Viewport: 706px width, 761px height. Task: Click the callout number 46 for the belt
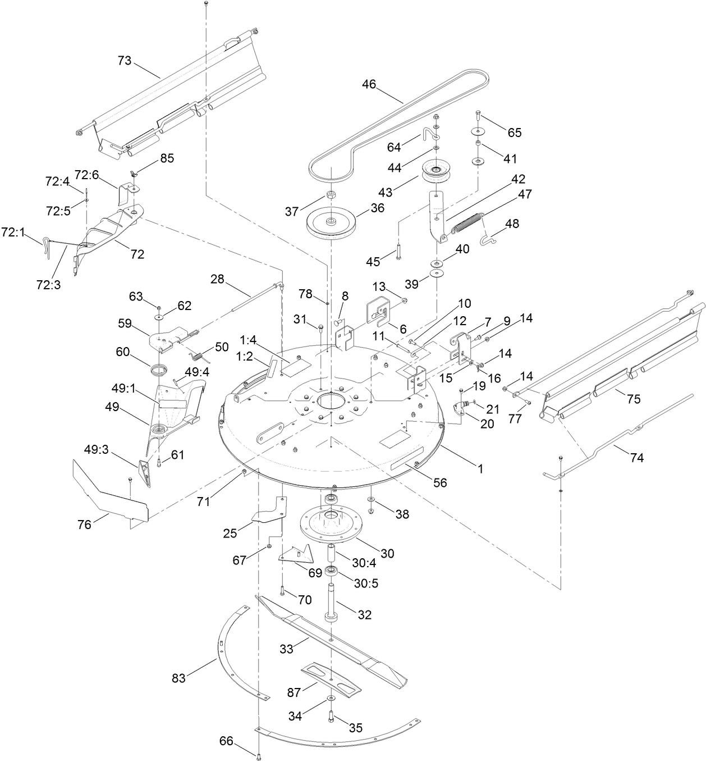(x=369, y=85)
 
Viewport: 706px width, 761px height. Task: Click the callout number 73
(x=124, y=61)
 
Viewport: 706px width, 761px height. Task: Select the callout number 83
(x=178, y=678)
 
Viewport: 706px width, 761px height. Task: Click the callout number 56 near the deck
(x=441, y=482)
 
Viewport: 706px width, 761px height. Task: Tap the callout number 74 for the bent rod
(x=636, y=457)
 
